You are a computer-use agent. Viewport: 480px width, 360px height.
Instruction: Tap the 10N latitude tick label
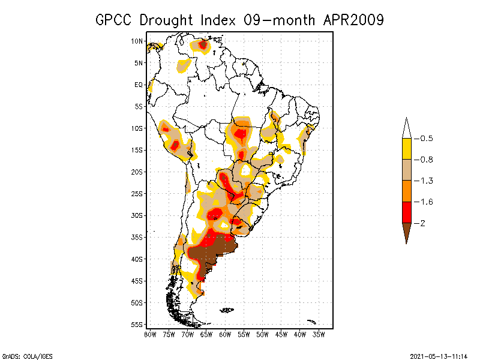point(137,41)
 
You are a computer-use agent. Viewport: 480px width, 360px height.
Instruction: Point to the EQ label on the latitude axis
point(139,85)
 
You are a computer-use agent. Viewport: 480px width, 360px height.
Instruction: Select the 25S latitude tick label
point(137,193)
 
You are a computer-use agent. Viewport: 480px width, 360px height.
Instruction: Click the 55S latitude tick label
point(137,324)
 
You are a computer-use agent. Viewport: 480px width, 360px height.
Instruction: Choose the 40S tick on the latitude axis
point(137,259)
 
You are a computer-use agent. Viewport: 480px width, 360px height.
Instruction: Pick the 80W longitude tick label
point(150,334)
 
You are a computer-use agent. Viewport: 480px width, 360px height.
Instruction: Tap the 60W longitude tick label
point(225,334)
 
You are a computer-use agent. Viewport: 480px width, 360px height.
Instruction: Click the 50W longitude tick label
point(262,334)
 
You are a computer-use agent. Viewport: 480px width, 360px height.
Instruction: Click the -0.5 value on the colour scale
point(426,139)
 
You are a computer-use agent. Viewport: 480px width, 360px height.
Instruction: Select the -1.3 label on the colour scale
point(426,181)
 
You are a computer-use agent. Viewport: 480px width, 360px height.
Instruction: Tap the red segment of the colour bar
point(407,212)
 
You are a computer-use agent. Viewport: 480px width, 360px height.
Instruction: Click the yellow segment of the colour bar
point(407,149)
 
